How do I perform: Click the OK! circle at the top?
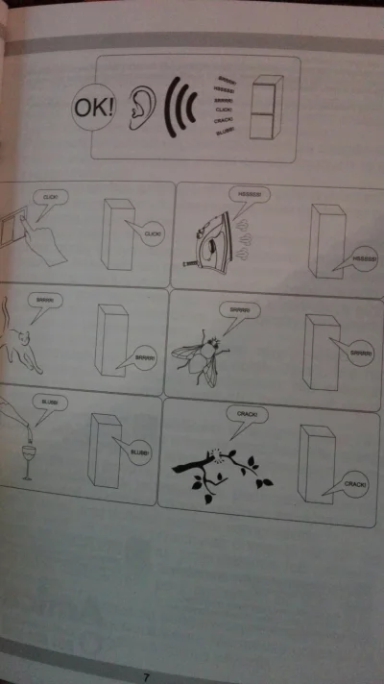(93, 106)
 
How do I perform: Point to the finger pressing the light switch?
(43, 240)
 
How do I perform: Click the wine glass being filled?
(28, 460)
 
